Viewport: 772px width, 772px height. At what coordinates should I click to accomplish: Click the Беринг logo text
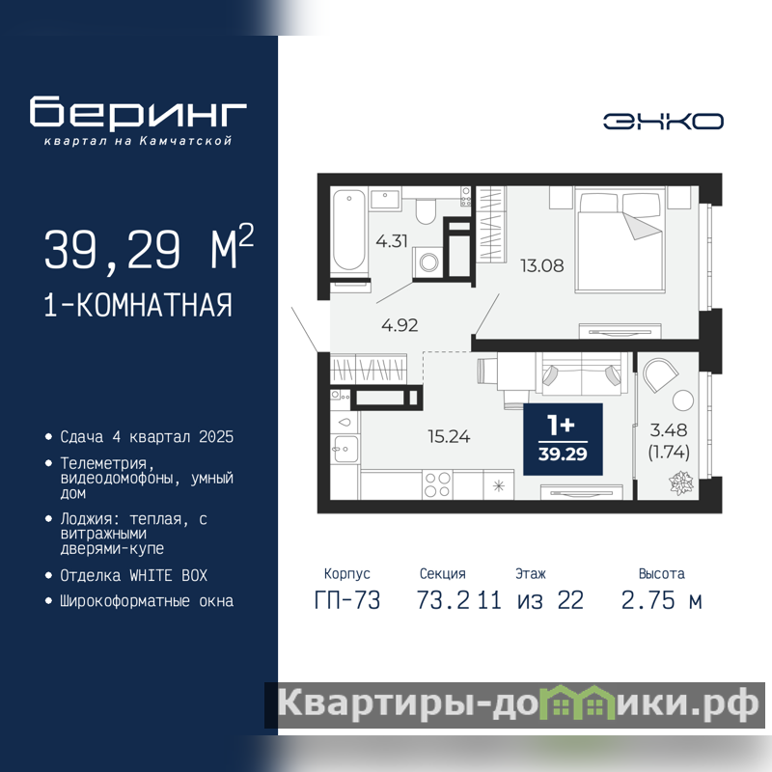(x=138, y=112)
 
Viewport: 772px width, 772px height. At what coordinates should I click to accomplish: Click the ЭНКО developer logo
(x=663, y=122)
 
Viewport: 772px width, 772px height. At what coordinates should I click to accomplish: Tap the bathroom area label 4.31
(x=392, y=241)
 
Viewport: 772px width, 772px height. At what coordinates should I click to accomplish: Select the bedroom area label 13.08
(x=542, y=266)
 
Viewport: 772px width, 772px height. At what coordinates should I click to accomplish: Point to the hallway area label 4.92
(x=400, y=325)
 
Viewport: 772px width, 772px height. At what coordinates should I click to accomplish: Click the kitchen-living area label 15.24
(x=449, y=436)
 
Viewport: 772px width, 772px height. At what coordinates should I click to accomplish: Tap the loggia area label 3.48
(x=669, y=430)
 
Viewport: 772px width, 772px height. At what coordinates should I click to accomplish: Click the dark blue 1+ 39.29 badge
(x=563, y=439)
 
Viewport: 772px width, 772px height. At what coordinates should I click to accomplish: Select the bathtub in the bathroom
(x=349, y=231)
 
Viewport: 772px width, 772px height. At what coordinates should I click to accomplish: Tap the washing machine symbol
(x=427, y=262)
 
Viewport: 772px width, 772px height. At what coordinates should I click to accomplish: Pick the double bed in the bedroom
(x=620, y=239)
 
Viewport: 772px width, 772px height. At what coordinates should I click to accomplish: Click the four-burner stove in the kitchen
(x=437, y=484)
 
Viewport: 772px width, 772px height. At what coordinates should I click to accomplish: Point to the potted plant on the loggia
(x=681, y=482)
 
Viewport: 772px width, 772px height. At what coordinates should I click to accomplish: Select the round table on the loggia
(x=683, y=400)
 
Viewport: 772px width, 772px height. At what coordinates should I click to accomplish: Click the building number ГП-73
(x=347, y=600)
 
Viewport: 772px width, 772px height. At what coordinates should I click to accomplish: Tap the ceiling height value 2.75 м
(x=662, y=600)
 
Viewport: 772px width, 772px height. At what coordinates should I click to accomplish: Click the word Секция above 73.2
(x=443, y=573)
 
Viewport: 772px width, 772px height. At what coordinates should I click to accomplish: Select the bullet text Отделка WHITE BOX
(x=133, y=575)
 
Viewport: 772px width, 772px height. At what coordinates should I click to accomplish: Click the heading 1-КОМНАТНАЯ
(x=138, y=305)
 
